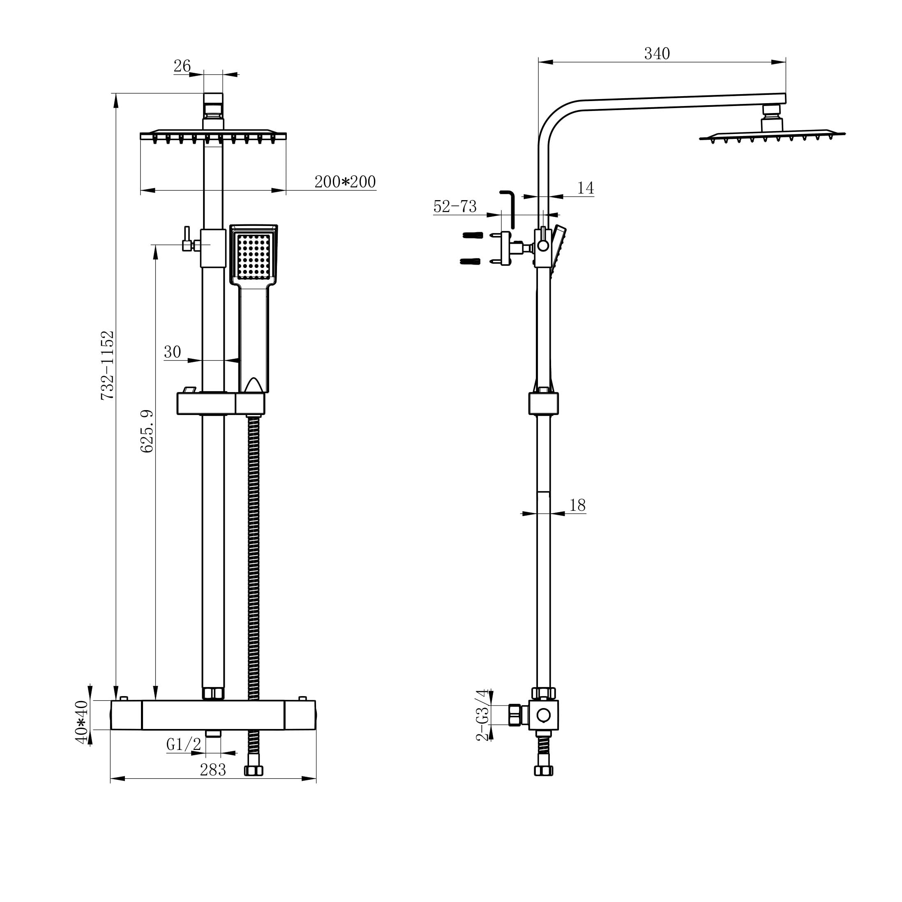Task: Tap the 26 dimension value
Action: (182, 66)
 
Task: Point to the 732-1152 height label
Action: (108, 364)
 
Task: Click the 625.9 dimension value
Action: (147, 431)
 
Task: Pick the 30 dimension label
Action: (172, 352)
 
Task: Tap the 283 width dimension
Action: (212, 770)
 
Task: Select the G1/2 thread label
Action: (183, 744)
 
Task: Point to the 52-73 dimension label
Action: (455, 206)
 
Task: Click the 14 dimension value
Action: (585, 188)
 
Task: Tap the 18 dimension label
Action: (577, 505)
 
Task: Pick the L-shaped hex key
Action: (508, 208)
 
